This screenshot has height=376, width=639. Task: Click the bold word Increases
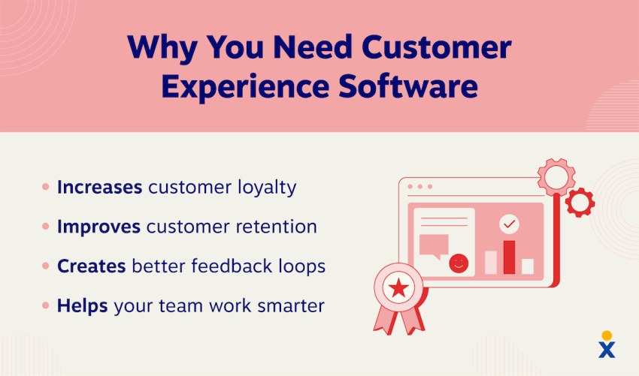(99, 187)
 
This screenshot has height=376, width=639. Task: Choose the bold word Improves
(98, 227)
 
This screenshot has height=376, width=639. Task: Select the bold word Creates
(91, 266)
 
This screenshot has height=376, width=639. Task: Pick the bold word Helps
(83, 306)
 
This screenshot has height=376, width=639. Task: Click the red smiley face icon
(457, 263)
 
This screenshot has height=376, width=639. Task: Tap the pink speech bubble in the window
(434, 246)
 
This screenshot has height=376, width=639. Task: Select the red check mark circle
(509, 224)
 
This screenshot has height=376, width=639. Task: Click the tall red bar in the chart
(509, 257)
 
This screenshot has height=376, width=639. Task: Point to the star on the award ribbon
(398, 287)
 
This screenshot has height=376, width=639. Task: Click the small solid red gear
(579, 202)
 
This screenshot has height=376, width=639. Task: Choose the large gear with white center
(557, 177)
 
